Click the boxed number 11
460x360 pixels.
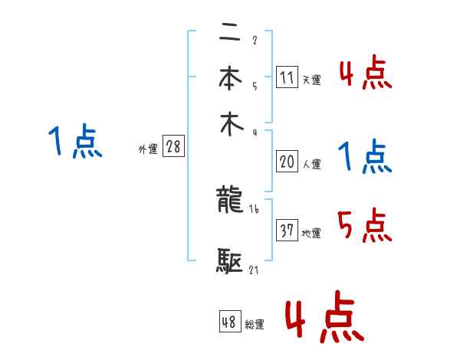point(287,77)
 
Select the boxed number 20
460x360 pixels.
point(287,162)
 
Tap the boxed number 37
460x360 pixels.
point(287,231)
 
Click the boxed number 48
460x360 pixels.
point(229,322)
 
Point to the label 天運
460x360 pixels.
point(311,80)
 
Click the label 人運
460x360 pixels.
point(311,164)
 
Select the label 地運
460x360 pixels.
point(311,233)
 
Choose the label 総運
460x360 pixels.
point(254,325)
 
